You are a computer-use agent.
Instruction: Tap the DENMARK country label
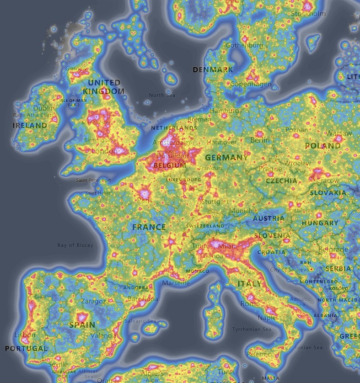213,70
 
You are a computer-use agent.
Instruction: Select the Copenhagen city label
251,84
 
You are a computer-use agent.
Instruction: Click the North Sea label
162,95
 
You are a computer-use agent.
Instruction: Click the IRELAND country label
30,125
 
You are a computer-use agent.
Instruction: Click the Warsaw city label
339,133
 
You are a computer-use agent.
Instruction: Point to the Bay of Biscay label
75,245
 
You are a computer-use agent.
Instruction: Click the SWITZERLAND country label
205,226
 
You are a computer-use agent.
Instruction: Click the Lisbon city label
25,335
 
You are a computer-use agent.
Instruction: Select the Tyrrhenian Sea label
251,329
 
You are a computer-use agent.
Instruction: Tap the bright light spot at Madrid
83,316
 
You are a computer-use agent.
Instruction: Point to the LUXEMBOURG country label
183,180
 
